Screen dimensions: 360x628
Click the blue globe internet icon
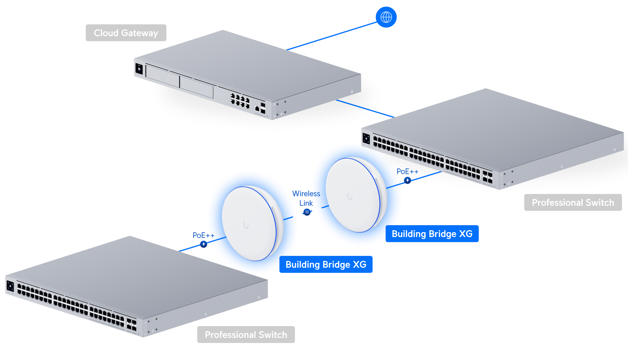point(386,17)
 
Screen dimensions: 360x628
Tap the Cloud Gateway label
point(126,33)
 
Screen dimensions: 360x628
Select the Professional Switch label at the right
point(573,203)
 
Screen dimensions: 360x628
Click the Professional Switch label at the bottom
point(246,335)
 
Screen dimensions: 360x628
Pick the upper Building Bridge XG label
point(432,234)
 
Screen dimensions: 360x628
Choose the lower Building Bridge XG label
point(326,264)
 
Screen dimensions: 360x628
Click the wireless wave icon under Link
point(307,212)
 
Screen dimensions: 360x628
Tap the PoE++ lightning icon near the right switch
point(407,180)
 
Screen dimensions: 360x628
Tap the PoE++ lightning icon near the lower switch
point(204,244)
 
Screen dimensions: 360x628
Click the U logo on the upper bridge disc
point(350,197)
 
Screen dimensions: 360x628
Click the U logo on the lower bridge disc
point(246,225)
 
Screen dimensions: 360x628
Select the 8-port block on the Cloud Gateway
point(240,100)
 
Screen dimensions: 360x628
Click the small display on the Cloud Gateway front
point(139,69)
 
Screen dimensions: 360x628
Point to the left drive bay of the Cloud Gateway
point(163,76)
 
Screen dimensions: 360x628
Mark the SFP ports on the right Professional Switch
point(488,176)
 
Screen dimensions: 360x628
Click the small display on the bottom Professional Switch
point(10,286)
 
